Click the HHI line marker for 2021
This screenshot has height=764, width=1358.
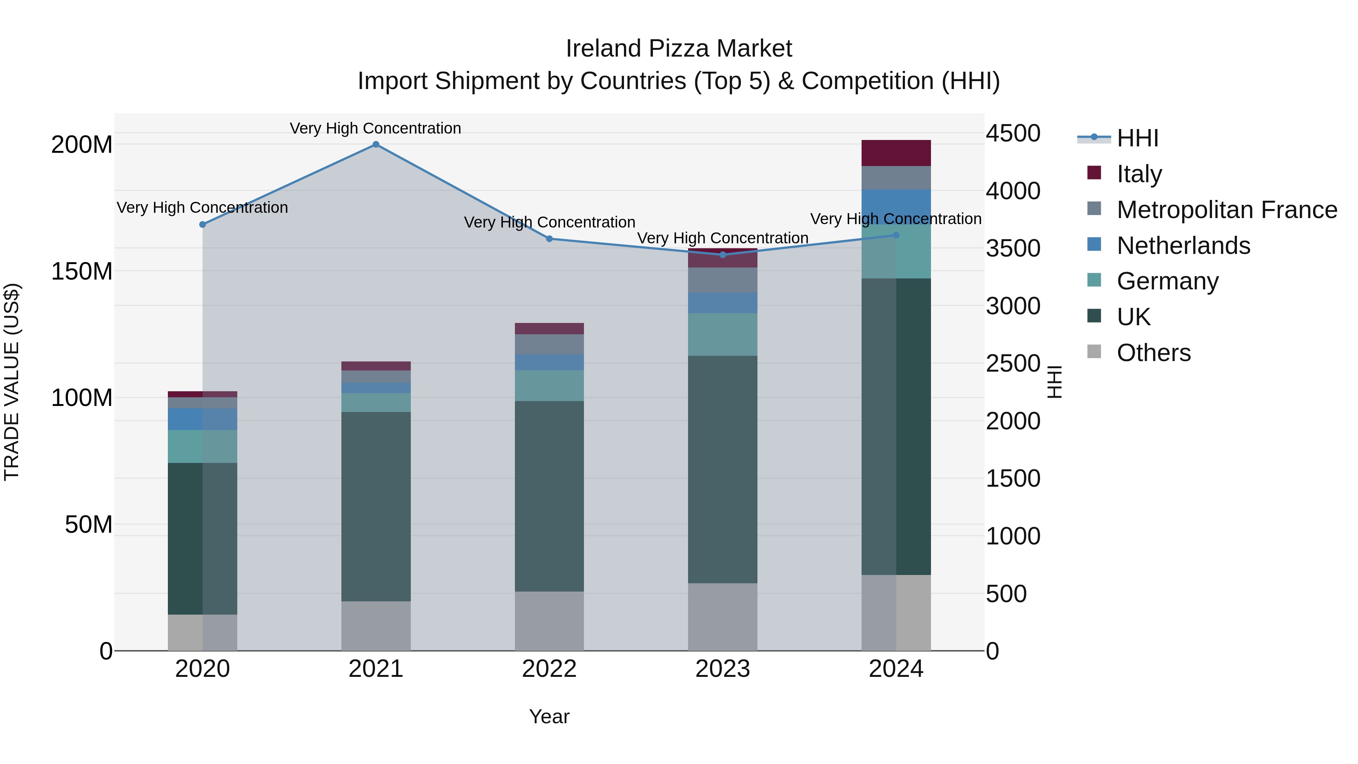tap(376, 144)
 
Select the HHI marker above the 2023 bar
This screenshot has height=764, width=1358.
tap(723, 255)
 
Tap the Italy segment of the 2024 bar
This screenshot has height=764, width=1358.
tap(896, 153)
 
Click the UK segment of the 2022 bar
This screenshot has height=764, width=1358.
tap(549, 496)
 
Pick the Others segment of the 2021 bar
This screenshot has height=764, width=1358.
tap(376, 626)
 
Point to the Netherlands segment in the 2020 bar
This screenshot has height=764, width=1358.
tap(203, 419)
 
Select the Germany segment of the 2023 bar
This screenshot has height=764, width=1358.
tap(723, 334)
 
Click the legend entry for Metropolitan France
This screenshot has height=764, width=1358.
tap(1226, 210)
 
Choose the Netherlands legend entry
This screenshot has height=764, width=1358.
tap(1183, 246)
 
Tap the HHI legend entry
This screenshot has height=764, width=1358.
tap(1137, 138)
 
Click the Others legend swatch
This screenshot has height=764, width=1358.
tap(1094, 352)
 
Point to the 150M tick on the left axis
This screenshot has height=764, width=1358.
tap(82, 272)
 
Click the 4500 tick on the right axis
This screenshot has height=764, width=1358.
tap(1013, 134)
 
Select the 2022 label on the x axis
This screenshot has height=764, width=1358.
tap(549, 669)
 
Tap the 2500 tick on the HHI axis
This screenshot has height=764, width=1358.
tap(1013, 364)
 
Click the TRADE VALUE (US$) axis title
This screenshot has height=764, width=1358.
tap(12, 382)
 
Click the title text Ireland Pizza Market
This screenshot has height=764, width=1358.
tap(679, 49)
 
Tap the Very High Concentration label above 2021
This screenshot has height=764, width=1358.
tap(375, 128)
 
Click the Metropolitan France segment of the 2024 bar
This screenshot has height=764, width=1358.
tap(896, 178)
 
